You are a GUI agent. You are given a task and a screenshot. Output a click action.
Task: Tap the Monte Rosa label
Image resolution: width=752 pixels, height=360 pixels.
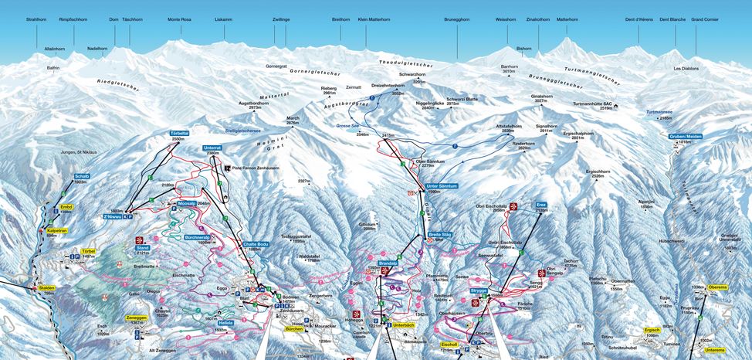point(180,18)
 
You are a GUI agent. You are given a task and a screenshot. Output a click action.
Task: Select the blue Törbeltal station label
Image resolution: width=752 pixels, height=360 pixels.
point(179,133)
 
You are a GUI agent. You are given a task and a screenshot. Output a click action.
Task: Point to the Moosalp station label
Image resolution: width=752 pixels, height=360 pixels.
point(188,203)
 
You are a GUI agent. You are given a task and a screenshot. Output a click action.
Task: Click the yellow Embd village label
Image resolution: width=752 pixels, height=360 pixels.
point(66,207)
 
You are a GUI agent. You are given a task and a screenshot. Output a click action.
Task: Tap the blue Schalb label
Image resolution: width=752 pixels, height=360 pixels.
point(83,176)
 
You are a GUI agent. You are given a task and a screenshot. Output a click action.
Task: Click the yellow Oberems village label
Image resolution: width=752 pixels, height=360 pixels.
point(717,287)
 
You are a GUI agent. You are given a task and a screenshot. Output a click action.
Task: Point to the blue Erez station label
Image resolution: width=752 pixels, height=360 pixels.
point(540,204)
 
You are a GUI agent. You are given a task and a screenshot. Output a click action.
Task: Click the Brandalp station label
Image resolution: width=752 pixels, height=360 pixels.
point(387,263)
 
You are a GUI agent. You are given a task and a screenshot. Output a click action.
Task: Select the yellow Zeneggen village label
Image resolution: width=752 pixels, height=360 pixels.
point(136,317)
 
